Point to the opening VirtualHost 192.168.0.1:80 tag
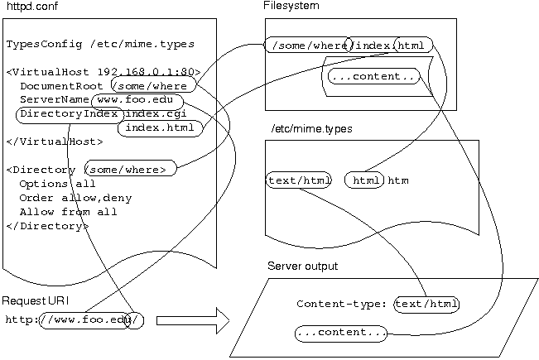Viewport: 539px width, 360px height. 103,72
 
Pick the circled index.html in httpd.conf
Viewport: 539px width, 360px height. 160,127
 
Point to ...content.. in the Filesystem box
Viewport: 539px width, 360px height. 373,77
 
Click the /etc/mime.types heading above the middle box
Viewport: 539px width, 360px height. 311,129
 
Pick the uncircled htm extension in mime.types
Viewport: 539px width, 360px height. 399,180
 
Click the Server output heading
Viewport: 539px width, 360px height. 302,266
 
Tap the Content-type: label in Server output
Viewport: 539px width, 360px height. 343,305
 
